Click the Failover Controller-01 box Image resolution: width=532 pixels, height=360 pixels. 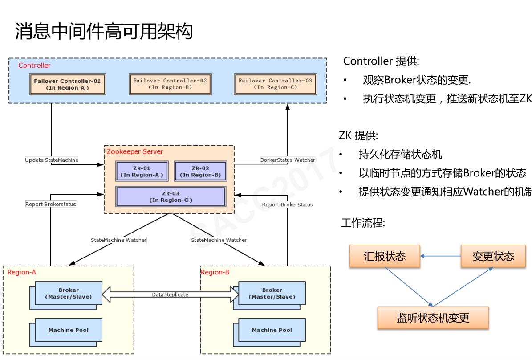67,84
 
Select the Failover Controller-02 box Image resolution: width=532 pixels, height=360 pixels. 170,84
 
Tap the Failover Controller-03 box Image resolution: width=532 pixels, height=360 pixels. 275,84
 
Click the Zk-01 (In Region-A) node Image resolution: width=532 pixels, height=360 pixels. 142,172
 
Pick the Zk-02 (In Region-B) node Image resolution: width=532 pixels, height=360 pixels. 200,172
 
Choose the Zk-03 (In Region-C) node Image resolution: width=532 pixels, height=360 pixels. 171,196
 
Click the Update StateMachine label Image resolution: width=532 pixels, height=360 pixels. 51,160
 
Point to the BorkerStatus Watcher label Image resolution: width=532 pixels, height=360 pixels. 287,160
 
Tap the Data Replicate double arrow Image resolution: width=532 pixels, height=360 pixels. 170,295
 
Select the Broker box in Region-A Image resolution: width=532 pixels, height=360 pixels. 68,293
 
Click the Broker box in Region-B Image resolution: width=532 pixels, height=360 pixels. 272,293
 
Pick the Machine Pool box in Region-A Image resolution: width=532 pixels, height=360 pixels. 68,330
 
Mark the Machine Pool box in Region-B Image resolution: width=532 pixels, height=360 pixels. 272,330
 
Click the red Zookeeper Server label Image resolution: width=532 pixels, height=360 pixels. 134,151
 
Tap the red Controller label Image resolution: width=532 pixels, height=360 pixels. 34,65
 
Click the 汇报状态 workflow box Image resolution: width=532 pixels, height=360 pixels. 385,256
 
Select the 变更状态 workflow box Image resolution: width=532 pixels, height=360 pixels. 493,256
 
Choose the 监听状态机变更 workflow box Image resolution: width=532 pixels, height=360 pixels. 433,318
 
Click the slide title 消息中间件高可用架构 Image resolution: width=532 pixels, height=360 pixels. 104,31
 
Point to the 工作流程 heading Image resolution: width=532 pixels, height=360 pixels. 362,223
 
